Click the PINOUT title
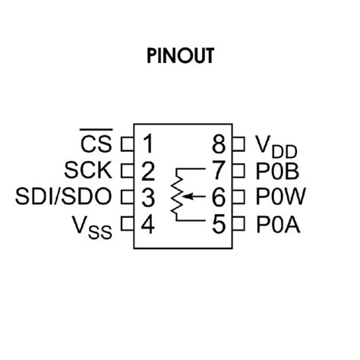point(180,56)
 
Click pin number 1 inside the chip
point(147,142)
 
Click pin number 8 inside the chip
point(219,142)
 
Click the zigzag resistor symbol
point(178,195)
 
